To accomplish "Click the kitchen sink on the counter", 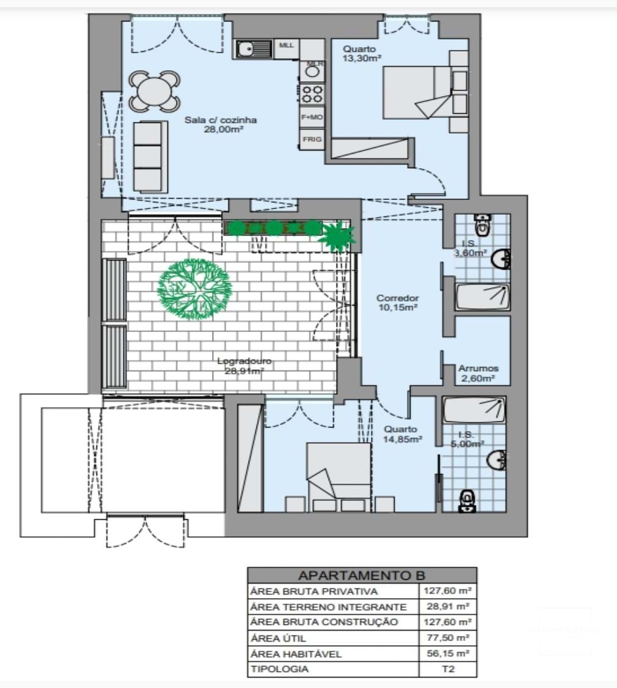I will point(253,48).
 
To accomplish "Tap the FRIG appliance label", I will point(312,139).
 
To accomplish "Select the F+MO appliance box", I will point(312,116).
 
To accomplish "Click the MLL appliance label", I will point(287,45).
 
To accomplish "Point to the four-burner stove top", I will point(312,94).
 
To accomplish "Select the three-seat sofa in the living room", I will point(150,156).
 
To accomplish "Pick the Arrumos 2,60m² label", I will point(478,373).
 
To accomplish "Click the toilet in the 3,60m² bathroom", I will point(483,224).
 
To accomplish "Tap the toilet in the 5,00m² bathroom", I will point(467,500).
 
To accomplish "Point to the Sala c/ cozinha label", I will point(221,125).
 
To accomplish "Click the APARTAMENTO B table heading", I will point(361,575).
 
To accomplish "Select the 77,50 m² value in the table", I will point(448,638).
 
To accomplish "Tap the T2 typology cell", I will point(448,669).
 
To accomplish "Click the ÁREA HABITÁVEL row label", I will point(296,654).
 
